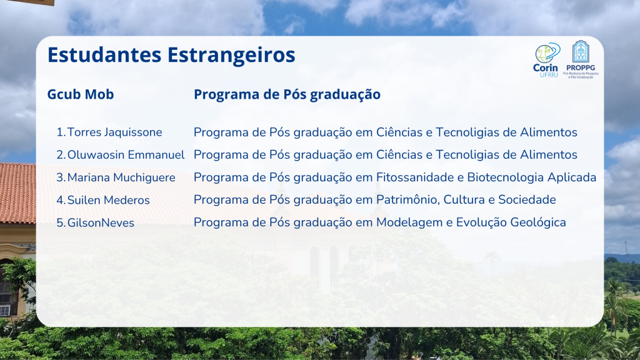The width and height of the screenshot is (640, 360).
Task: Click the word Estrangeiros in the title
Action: (231, 55)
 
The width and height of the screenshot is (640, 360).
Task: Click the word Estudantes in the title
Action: (104, 55)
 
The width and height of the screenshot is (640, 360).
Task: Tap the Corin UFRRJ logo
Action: (546, 60)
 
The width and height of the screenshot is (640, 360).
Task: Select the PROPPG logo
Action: (581, 59)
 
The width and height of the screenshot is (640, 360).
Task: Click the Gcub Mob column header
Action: (81, 94)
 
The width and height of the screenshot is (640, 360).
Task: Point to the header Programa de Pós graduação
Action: (287, 95)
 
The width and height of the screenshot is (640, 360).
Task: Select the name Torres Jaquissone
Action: (115, 132)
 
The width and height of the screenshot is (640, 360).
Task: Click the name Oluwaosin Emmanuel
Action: (126, 155)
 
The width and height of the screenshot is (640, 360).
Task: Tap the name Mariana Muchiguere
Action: (121, 177)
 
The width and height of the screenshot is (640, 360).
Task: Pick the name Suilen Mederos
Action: (109, 200)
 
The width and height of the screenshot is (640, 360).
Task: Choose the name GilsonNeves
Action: (101, 223)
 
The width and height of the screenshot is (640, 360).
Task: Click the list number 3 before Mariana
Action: (61, 177)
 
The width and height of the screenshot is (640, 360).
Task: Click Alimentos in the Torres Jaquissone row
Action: (549, 132)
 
